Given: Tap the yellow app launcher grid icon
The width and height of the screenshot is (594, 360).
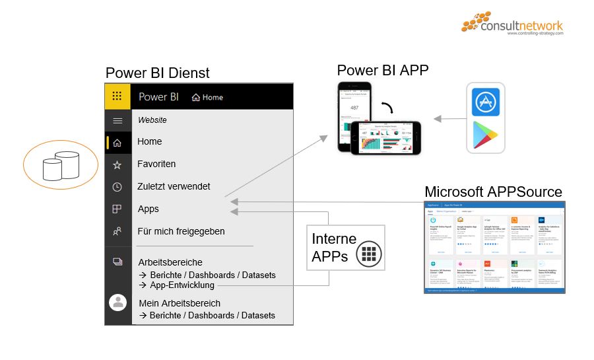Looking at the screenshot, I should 117,96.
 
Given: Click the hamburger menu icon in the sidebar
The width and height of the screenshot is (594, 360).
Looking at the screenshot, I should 117,120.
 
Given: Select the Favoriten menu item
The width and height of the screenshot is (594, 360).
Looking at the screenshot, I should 156,164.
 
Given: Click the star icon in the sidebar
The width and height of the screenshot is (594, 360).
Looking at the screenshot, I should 117,164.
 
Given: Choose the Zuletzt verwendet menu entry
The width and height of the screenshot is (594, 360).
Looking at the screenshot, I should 174,186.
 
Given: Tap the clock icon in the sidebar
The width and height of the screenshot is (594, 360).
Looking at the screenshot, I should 117,187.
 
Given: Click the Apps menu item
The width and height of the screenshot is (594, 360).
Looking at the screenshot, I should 148,209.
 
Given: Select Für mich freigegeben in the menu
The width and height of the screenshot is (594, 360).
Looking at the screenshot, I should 181,231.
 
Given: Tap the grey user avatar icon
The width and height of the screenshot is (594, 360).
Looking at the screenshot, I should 118,303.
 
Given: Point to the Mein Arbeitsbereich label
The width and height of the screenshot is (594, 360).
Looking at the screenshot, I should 180,303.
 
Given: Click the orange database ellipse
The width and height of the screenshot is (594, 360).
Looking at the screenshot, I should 61,165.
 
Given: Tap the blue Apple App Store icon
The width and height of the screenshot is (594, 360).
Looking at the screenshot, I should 485,102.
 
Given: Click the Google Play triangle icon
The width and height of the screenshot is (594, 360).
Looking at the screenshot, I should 485,135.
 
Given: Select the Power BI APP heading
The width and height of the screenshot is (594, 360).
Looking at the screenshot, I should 383,71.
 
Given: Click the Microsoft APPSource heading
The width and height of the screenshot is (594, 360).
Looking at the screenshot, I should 493,192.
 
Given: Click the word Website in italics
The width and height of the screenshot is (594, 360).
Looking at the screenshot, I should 152,120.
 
